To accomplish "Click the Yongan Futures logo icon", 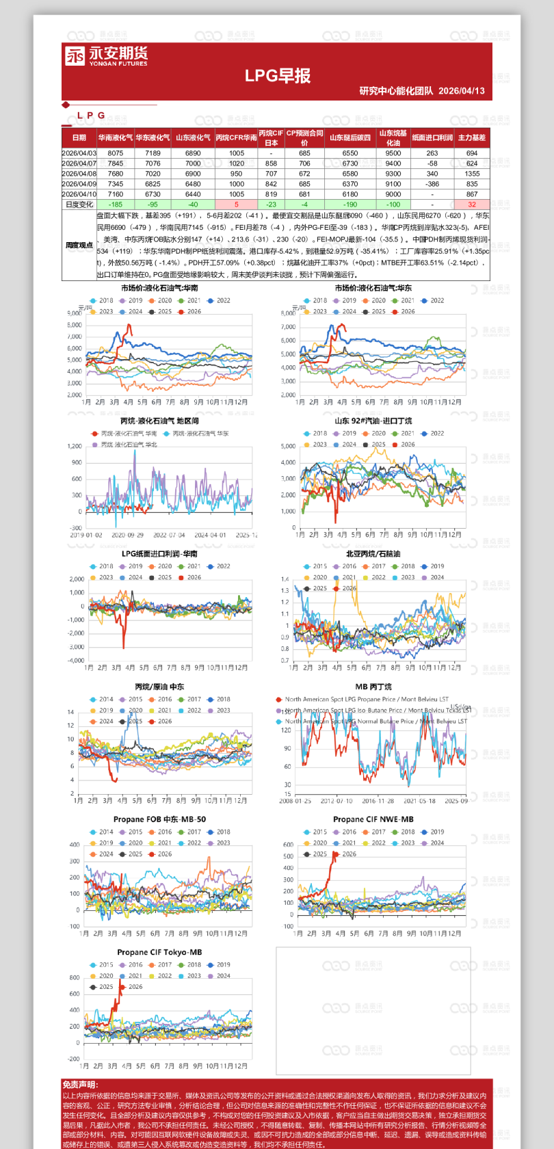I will click(x=75, y=56).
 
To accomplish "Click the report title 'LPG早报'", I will click(x=278, y=76).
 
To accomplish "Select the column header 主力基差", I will click(x=471, y=137).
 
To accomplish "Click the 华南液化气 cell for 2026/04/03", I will click(x=116, y=153).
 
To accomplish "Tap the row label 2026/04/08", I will click(x=79, y=174).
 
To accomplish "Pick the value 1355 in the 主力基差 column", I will click(x=471, y=174).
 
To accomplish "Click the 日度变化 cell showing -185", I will click(x=116, y=204).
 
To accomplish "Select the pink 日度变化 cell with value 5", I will click(x=237, y=204).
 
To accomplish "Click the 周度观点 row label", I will click(x=79, y=245).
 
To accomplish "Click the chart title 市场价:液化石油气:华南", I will click(x=160, y=288).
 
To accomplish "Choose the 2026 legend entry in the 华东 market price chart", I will click(x=404, y=312).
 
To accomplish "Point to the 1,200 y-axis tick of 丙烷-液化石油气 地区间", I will click(x=75, y=447).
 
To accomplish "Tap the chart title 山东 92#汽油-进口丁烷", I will click(x=373, y=421).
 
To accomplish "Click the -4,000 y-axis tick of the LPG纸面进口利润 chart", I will click(x=76, y=661).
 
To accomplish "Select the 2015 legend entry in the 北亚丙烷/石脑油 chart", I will click(x=315, y=566).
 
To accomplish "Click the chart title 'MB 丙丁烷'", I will click(x=373, y=687).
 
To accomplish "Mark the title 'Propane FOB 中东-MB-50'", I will click(x=159, y=819).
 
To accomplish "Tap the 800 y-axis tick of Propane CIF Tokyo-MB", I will click(x=75, y=977).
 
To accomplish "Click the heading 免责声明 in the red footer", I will click(x=80, y=1085).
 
